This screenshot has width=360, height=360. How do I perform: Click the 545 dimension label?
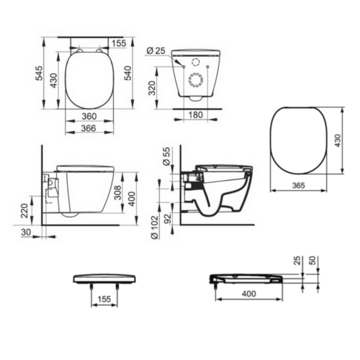point(39,73)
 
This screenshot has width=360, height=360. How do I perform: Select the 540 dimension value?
point(127,73)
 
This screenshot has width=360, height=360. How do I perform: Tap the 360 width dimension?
point(89,116)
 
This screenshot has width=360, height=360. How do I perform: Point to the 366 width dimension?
point(89,128)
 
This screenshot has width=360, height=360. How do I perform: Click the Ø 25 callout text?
point(156,50)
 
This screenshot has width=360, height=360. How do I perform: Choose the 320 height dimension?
point(152,88)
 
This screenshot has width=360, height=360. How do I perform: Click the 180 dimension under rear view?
point(196,114)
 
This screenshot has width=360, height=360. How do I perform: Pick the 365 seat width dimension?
point(299,185)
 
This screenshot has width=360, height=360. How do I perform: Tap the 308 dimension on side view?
point(117,192)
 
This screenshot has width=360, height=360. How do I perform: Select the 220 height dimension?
point(24,210)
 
